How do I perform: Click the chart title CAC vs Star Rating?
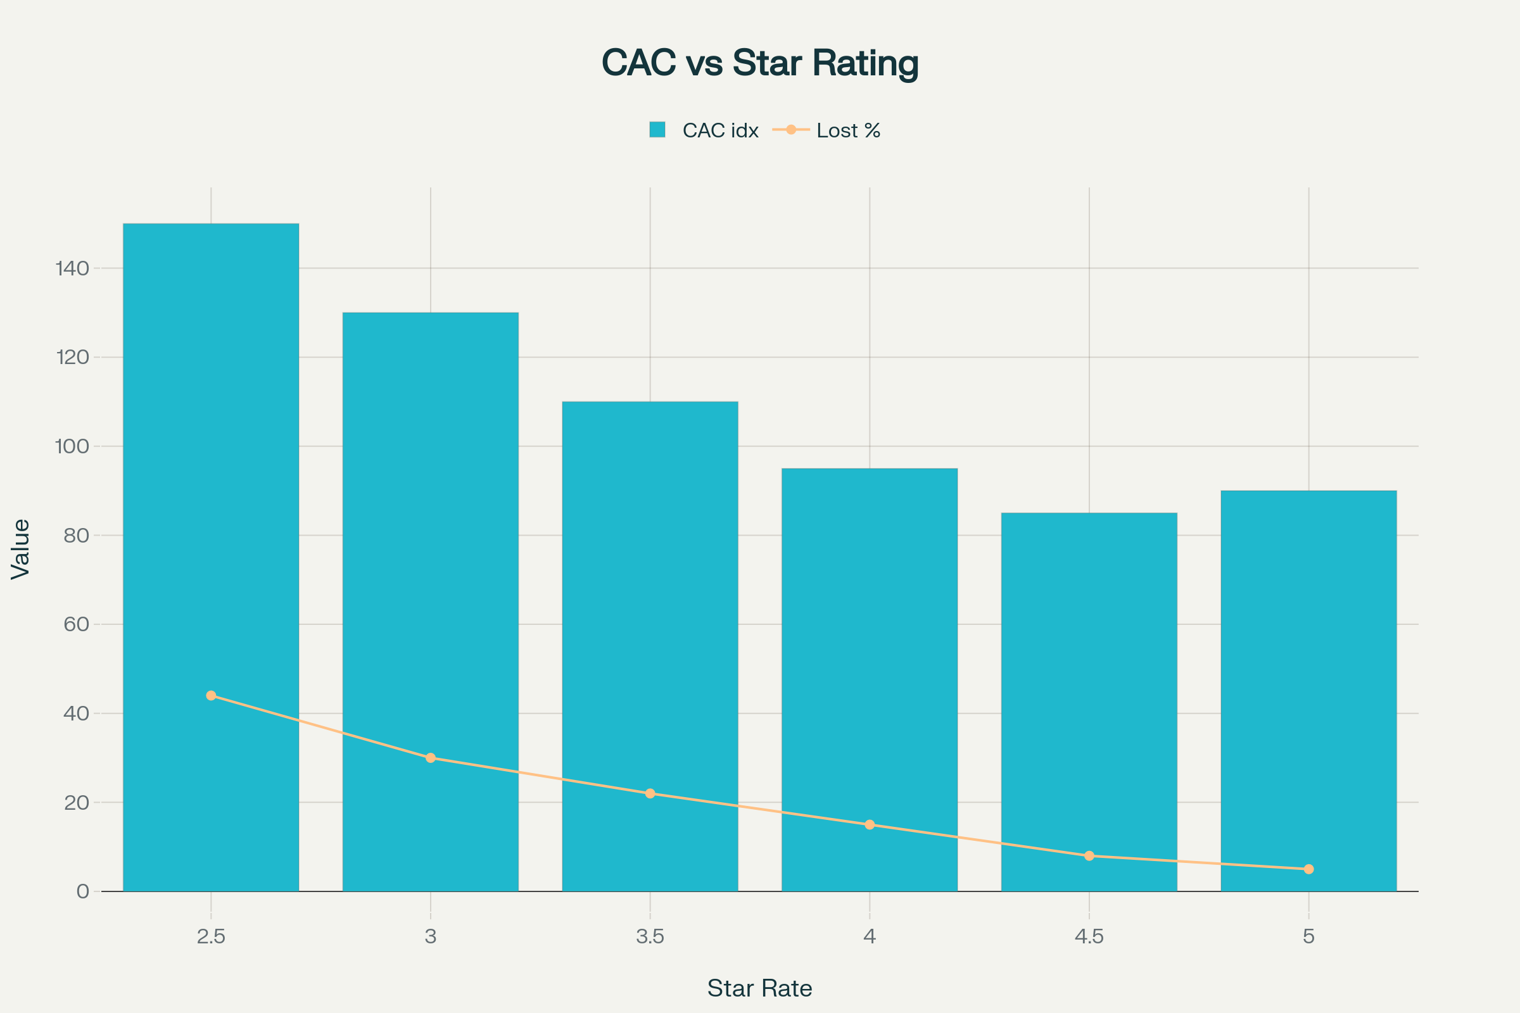point(759,63)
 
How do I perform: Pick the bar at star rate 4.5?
point(1089,678)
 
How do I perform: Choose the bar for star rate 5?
point(1308,646)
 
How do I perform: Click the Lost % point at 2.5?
point(211,695)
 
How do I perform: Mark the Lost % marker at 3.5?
point(650,793)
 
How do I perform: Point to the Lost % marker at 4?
point(870,824)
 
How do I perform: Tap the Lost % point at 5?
point(1308,869)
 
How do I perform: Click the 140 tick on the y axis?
point(72,268)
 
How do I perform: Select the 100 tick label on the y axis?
point(72,446)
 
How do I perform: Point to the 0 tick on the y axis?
point(83,891)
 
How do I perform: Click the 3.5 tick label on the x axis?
point(650,936)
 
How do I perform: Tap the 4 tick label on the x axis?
point(870,936)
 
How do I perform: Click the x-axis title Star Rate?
point(759,988)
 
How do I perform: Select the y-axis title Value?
point(21,548)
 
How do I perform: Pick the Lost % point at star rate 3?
point(431,758)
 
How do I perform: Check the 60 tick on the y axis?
point(76,624)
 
